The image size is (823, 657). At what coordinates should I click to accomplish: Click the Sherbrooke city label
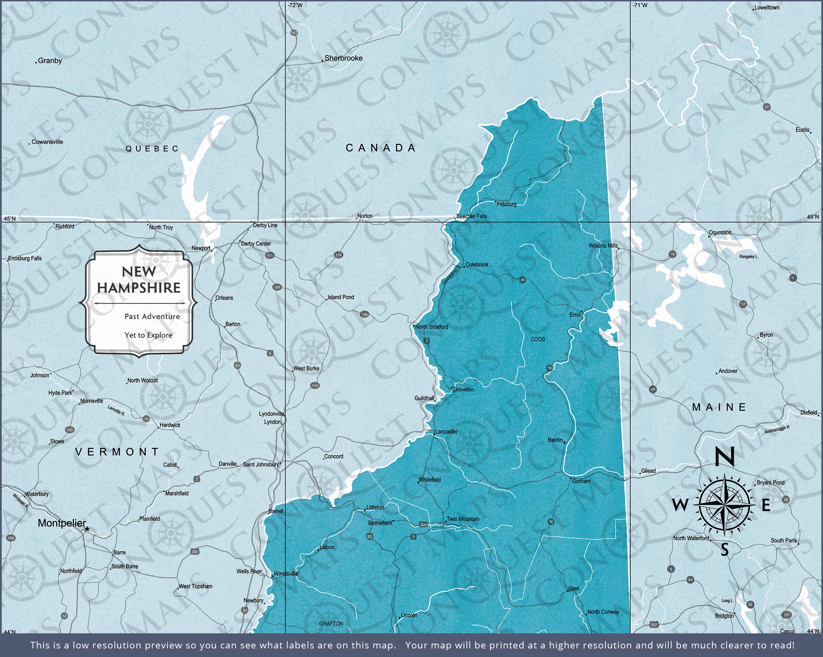coord(343,58)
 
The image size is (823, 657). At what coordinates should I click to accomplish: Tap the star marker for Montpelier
coord(87,529)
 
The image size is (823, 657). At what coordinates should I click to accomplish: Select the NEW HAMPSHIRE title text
coord(139,280)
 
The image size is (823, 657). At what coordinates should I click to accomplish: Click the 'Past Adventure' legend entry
coord(152,316)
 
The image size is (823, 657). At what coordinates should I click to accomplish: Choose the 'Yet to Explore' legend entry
coord(148,335)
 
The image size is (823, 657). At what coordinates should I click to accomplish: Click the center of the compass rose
coord(724,505)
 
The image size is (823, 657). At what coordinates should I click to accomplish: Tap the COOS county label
coord(537,339)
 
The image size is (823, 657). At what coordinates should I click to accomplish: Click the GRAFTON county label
coord(331,624)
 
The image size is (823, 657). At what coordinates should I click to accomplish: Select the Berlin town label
coord(555,440)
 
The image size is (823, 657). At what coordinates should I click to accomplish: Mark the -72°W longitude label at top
coord(295,5)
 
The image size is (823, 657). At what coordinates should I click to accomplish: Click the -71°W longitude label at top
coord(640,5)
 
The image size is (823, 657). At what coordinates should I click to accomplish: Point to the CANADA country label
coord(381,148)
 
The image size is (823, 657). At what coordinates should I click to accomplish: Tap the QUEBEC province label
coord(152,149)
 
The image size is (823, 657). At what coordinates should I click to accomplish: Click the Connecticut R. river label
coord(452,275)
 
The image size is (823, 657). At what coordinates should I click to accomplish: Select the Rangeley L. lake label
coord(749,257)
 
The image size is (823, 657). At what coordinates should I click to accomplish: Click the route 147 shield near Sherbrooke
coord(294,33)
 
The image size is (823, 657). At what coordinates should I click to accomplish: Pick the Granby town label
coord(50,60)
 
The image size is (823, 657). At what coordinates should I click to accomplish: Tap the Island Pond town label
coord(341,297)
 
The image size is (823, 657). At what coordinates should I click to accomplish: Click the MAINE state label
coord(719,407)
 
